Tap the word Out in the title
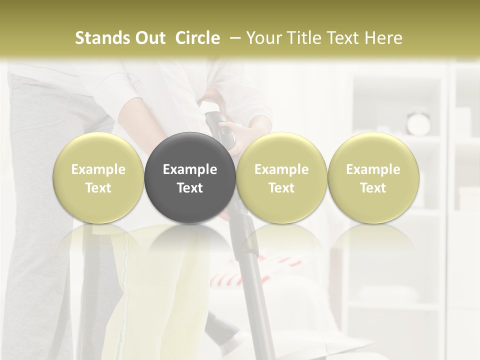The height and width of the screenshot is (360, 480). click(x=149, y=38)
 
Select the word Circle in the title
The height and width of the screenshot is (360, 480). click(x=197, y=38)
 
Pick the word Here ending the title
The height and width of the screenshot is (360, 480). click(x=382, y=38)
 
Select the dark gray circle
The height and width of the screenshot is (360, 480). click(x=190, y=177)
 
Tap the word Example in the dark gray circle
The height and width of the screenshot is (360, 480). click(x=190, y=169)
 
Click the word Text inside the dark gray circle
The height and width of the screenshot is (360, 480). click(x=190, y=188)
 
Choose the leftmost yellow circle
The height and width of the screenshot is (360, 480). click(x=98, y=177)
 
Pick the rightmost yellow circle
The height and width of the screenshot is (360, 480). click(x=373, y=177)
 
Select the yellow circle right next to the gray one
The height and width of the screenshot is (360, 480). click(x=281, y=177)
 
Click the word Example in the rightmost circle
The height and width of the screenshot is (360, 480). click(x=373, y=169)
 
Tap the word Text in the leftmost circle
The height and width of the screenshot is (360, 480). click(x=98, y=188)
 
